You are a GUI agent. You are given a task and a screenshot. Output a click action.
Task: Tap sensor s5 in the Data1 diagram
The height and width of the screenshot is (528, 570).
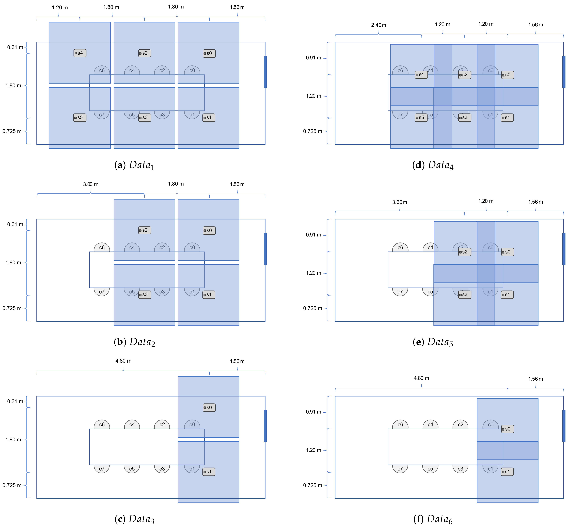point(80,117)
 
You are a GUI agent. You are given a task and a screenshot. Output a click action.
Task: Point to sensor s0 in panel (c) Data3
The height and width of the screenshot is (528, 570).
point(209,407)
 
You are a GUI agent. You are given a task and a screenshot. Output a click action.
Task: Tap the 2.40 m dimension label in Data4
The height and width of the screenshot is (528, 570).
point(378,25)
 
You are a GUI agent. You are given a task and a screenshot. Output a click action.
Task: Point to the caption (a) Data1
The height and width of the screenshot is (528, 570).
point(134,165)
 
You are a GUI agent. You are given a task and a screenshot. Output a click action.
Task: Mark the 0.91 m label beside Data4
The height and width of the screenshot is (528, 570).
point(314,58)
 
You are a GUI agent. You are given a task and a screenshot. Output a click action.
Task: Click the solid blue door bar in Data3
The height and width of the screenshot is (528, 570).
point(265,426)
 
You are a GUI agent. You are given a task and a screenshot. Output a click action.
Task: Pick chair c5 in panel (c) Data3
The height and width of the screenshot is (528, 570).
point(132,469)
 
